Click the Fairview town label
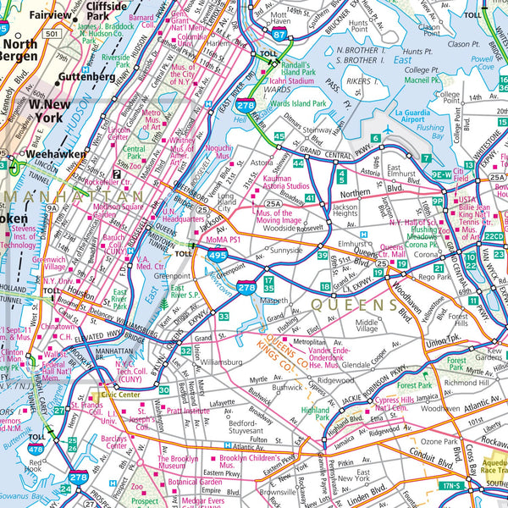[51, 15]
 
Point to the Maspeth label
[276, 299]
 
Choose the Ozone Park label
[439, 441]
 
